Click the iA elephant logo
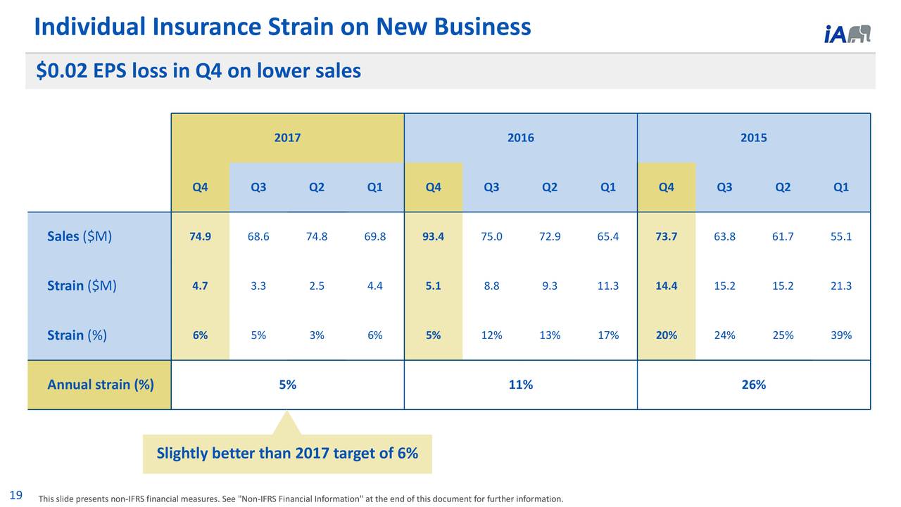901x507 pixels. (x=847, y=34)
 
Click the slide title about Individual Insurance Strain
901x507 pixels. (x=282, y=27)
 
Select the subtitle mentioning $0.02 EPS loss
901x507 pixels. (x=199, y=71)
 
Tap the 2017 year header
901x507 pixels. (x=287, y=138)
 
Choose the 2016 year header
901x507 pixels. (x=520, y=138)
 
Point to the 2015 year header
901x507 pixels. (x=753, y=138)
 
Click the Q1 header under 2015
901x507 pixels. (x=840, y=187)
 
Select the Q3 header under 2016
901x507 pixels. (x=491, y=187)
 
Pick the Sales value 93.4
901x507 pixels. (x=433, y=236)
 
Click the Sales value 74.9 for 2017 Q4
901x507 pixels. (x=200, y=236)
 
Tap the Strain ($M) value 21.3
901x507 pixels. (x=840, y=286)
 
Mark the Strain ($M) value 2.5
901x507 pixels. (x=316, y=286)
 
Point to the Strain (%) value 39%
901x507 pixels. (x=840, y=335)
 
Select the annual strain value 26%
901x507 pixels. (x=753, y=385)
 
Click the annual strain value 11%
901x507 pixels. (x=520, y=385)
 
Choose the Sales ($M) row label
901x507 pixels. (x=79, y=236)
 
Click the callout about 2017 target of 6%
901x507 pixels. (x=287, y=454)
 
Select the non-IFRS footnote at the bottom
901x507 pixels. (x=301, y=499)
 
